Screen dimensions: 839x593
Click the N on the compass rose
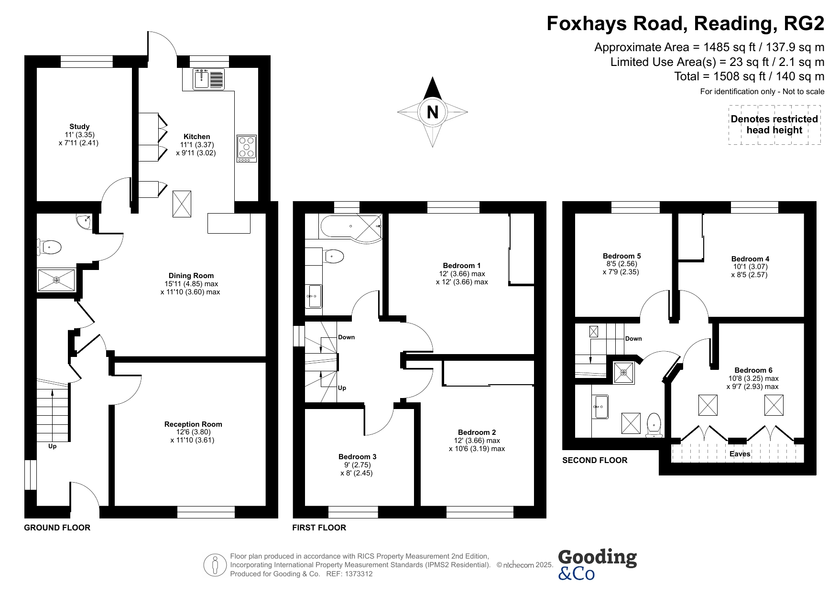tap(432, 112)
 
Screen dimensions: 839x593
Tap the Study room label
tap(79, 127)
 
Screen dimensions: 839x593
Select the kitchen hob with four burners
tap(247, 149)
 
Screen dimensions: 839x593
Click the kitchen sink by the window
tap(209, 79)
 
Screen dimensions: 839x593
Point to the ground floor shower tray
tap(56, 280)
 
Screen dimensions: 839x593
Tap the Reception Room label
tap(193, 424)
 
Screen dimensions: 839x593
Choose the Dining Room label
tap(191, 275)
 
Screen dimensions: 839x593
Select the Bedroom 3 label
tap(357, 456)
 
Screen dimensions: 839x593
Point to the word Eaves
tap(740, 453)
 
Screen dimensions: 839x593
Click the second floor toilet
tap(654, 425)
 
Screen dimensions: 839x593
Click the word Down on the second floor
tap(633, 339)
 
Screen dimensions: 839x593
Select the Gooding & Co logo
tap(597, 564)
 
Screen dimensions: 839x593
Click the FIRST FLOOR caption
tap(319, 528)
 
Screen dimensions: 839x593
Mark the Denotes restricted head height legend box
tap(774, 124)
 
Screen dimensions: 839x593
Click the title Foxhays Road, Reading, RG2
tap(686, 23)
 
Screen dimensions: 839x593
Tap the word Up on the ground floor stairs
tap(52, 446)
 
